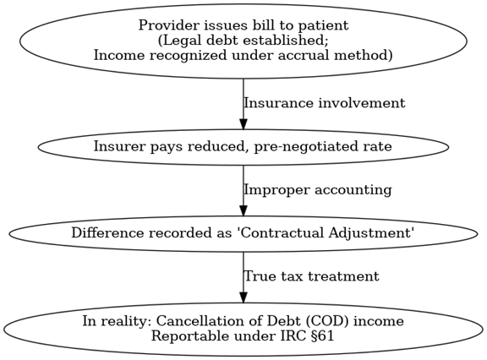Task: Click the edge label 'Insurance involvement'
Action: coord(325,103)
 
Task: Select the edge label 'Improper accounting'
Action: coord(318,190)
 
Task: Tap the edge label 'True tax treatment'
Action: coord(311,276)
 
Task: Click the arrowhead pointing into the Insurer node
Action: coord(243,123)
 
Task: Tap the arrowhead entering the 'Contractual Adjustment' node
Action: coord(243,210)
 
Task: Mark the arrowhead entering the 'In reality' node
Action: coord(243,297)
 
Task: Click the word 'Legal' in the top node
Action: coord(180,41)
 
